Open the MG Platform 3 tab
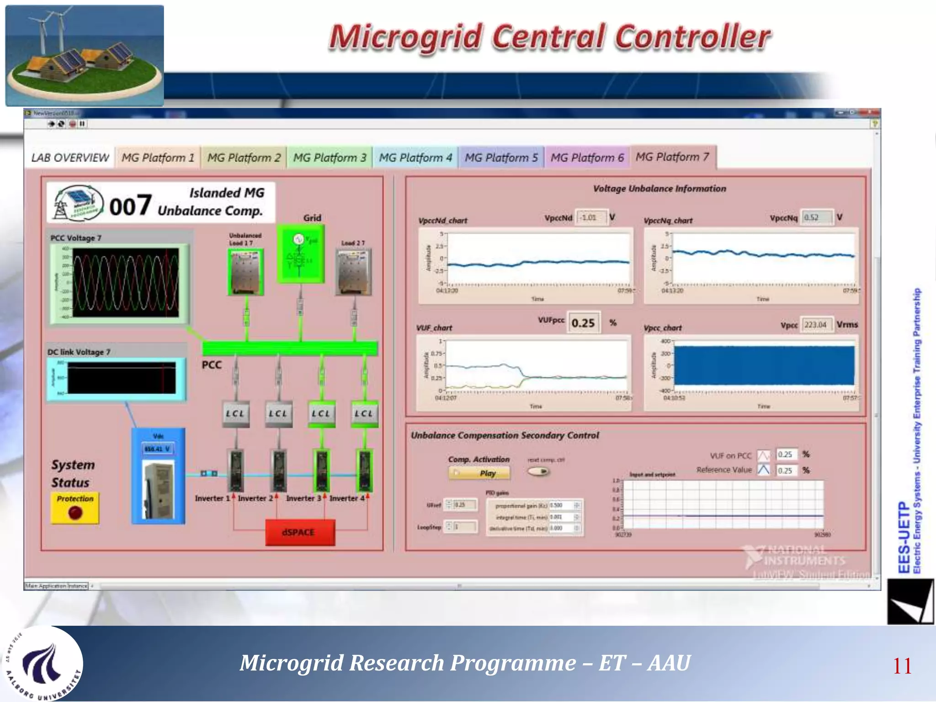pyautogui.click(x=330, y=158)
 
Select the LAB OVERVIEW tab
pyautogui.click(x=70, y=158)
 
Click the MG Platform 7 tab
pyautogui.click(x=672, y=157)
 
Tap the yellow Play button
pyautogui.click(x=479, y=473)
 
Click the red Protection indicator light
pyautogui.click(x=75, y=513)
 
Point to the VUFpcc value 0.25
pyautogui.click(x=583, y=323)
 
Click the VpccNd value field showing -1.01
pyautogui.click(x=591, y=218)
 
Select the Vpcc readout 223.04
pyautogui.click(x=816, y=324)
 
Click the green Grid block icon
pyautogui.click(x=300, y=254)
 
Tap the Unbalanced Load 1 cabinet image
pyautogui.click(x=246, y=272)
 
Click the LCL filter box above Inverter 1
pyautogui.click(x=235, y=414)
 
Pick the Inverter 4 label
pyautogui.click(x=347, y=498)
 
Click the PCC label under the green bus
pyautogui.click(x=212, y=365)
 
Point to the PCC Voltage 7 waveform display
pyautogui.click(x=125, y=282)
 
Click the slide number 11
pyautogui.click(x=902, y=666)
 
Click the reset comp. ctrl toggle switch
pyautogui.click(x=538, y=471)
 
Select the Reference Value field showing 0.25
pyautogui.click(x=786, y=470)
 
